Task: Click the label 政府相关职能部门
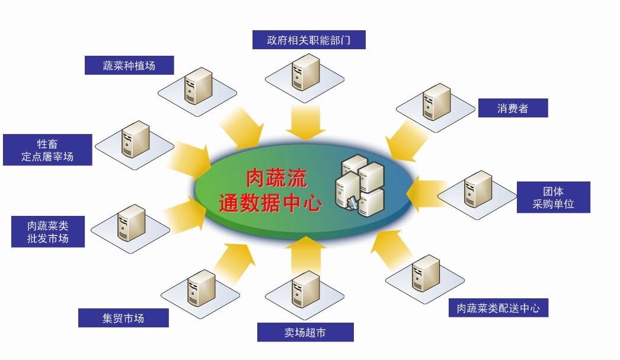pos(308,40)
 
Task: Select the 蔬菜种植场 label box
pos(129,65)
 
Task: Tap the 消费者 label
pos(513,108)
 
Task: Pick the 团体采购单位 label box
pos(554,198)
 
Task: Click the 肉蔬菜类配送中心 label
pos(498,308)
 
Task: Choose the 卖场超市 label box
pos(305,332)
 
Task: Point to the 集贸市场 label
pos(123,318)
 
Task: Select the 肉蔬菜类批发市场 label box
pos(48,232)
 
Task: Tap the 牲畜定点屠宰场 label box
pos(47,150)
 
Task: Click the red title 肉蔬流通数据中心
pos(270,191)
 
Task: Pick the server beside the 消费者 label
pos(436,102)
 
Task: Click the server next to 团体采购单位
pos(477,189)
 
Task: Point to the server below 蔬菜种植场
pos(198,87)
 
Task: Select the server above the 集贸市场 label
pos(201,288)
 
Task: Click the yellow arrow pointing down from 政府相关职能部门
pos(306,122)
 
